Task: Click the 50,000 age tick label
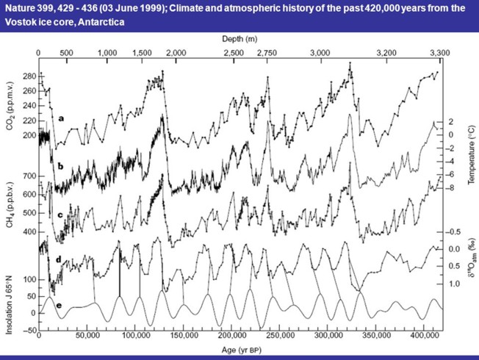87,334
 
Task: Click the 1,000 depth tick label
107,54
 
